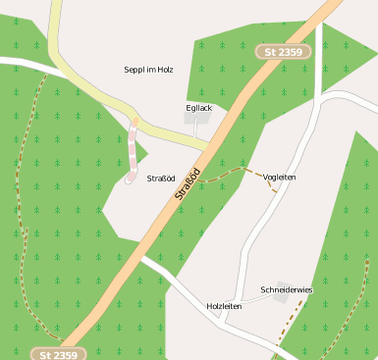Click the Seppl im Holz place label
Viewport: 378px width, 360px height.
click(148, 70)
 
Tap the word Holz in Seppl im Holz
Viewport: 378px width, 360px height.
click(164, 70)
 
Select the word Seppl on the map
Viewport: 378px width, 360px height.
click(135, 71)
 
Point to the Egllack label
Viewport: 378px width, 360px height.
click(198, 107)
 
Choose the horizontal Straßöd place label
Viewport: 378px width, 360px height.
click(160, 178)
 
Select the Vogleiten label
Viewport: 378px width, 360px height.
click(280, 177)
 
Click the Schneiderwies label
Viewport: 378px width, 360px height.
click(286, 289)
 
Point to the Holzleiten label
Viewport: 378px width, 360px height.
click(224, 306)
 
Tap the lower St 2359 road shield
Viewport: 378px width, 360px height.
click(58, 353)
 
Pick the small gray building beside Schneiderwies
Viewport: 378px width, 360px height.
click(284, 298)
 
